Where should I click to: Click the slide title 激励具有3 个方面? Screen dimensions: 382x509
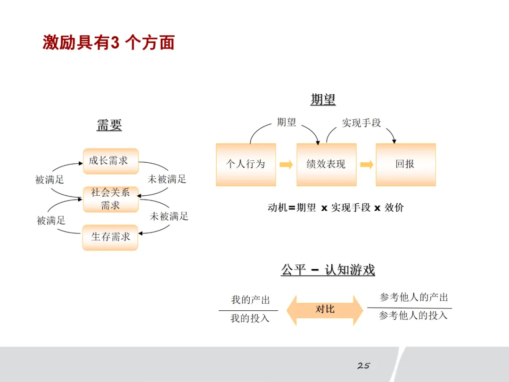(x=109, y=42)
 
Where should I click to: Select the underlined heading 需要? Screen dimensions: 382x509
(x=109, y=125)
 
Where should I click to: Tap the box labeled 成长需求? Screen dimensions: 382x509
(x=110, y=161)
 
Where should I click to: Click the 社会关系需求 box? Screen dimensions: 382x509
(x=110, y=199)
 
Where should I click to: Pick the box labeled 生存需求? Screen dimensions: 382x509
(x=110, y=237)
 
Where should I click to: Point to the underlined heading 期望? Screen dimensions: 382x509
(x=323, y=100)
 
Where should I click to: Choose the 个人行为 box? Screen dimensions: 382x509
(x=246, y=165)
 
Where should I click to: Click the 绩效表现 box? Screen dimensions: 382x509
(x=326, y=165)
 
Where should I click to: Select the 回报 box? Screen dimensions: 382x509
(x=405, y=165)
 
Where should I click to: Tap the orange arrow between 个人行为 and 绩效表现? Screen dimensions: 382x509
(x=286, y=165)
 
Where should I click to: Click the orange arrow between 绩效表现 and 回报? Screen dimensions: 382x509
(x=366, y=165)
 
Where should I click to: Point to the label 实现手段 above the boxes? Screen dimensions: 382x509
(x=361, y=123)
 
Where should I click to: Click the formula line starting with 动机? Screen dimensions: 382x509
(x=336, y=208)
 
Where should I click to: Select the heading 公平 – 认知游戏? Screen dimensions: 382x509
(x=328, y=270)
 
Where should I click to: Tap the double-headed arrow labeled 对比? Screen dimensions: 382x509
(x=325, y=310)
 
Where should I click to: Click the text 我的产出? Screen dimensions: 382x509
(x=250, y=300)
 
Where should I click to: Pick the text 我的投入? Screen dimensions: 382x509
(x=250, y=319)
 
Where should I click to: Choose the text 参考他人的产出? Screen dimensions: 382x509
(x=414, y=298)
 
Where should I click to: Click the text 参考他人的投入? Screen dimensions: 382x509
(x=413, y=316)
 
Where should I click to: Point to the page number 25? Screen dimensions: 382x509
(x=363, y=365)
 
